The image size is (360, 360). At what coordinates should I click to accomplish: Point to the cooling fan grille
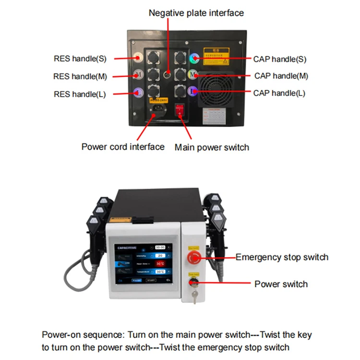click(216, 90)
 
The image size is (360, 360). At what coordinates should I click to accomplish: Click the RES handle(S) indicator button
click(138, 58)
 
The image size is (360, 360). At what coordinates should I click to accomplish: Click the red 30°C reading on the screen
click(160, 264)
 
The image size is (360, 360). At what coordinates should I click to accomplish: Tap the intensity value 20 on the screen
click(160, 255)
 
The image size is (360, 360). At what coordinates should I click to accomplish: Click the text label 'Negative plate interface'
click(196, 13)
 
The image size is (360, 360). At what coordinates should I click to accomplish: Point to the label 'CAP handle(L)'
click(279, 93)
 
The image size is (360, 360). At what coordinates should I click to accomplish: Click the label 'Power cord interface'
click(123, 146)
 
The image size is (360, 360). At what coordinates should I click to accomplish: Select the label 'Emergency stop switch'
click(282, 257)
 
